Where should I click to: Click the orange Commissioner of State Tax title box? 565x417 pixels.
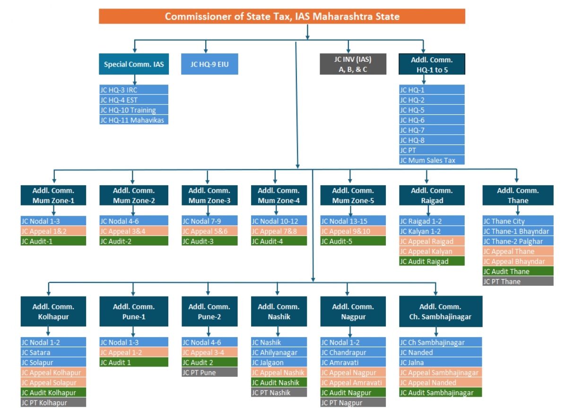pyautogui.click(x=282, y=17)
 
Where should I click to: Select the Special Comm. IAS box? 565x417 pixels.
pyautogui.click(x=134, y=64)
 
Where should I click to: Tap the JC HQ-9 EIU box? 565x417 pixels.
pyautogui.click(x=209, y=64)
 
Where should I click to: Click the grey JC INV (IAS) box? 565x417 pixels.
pyautogui.click(x=353, y=64)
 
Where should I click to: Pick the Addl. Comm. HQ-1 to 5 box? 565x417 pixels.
pyautogui.click(x=432, y=64)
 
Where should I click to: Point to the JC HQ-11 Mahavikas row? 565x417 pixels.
pyautogui.click(x=134, y=120)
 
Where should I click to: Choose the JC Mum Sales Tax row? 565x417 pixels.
pyautogui.click(x=432, y=160)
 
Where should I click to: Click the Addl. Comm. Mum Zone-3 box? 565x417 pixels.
pyautogui.click(x=209, y=195)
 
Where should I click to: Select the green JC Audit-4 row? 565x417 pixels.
pyautogui.click(x=279, y=241)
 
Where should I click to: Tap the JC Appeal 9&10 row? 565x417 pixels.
pyautogui.click(x=350, y=231)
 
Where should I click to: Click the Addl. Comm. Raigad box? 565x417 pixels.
pyautogui.click(x=432, y=195)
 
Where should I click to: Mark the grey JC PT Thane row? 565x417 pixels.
pyautogui.click(x=518, y=281)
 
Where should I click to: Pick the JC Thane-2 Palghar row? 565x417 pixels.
pyautogui.click(x=518, y=241)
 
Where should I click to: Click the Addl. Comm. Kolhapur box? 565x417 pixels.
pyautogui.click(x=53, y=312)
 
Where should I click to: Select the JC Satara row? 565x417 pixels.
pyautogui.click(x=53, y=352)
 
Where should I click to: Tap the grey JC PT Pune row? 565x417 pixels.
pyautogui.click(x=209, y=372)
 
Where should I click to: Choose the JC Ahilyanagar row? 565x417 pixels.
pyautogui.click(x=279, y=352)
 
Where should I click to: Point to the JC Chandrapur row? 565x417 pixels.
pyautogui.click(x=353, y=352)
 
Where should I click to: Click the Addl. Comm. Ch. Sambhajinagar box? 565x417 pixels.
pyautogui.click(x=441, y=312)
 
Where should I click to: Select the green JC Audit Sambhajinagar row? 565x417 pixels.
pyautogui.click(x=441, y=392)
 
